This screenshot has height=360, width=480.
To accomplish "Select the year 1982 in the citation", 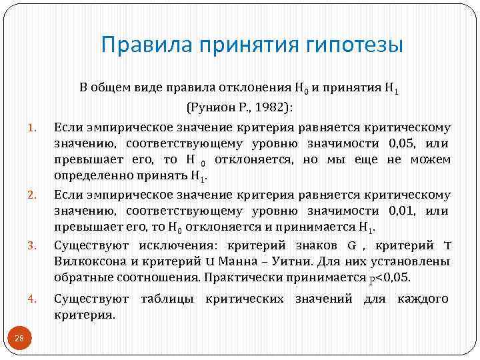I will [275, 107].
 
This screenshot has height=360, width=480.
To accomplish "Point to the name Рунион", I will [213, 107].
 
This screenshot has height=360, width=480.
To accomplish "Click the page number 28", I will [19, 339].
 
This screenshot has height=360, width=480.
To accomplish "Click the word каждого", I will [423, 299].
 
